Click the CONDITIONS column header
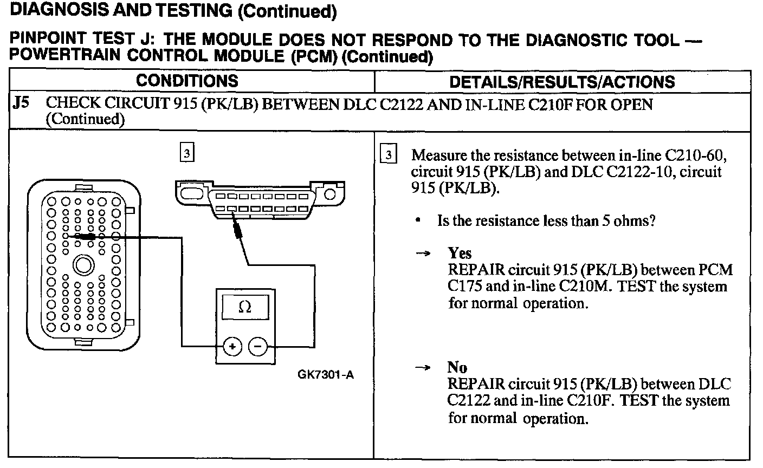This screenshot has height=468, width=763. [187, 81]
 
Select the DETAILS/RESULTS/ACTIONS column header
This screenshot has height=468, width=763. [562, 82]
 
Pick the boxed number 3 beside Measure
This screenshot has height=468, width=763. [388, 155]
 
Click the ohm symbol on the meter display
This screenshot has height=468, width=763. [244, 307]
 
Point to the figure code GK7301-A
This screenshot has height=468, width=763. [325, 375]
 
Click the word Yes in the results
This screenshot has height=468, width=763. [460, 253]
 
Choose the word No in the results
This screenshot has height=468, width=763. [457, 368]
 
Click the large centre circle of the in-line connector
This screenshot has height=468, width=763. [83, 265]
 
